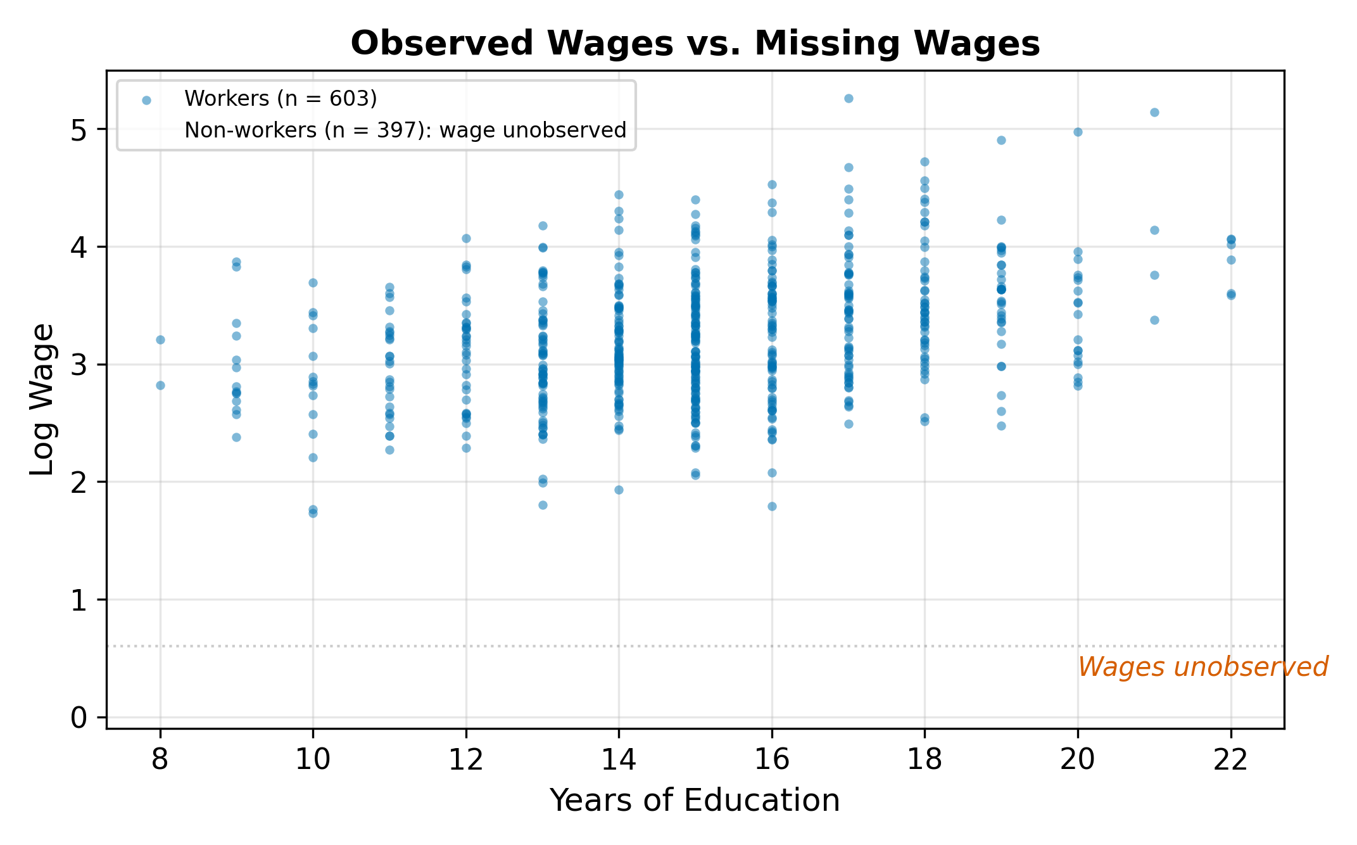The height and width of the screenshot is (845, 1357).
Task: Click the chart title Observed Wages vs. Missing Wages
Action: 695,44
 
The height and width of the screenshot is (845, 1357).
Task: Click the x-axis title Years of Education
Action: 695,800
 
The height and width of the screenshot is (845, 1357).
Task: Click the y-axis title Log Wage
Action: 42,399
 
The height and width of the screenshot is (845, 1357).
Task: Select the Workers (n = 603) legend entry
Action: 280,99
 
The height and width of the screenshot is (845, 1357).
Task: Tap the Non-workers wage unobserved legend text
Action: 405,130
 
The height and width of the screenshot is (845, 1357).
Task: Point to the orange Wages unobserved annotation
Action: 1202,667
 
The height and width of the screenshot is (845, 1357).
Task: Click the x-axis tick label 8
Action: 160,759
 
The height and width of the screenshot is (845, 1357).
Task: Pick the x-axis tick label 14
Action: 619,759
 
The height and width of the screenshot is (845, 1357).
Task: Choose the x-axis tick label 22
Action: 1230,759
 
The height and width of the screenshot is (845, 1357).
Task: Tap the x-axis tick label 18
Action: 925,759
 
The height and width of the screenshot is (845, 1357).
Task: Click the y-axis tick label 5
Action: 79,130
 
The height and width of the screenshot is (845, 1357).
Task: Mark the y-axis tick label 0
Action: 79,718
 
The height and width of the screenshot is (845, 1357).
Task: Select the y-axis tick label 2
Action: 79,483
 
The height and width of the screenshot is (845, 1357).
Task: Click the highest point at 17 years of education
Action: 849,98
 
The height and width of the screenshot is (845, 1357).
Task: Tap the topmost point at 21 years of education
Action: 1154,112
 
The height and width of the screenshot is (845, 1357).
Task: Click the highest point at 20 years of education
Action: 1078,132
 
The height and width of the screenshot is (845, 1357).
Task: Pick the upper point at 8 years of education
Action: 160,340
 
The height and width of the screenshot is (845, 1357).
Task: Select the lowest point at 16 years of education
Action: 772,506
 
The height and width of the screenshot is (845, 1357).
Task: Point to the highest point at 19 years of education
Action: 1001,140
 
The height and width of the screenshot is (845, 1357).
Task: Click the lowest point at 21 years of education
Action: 1154,320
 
